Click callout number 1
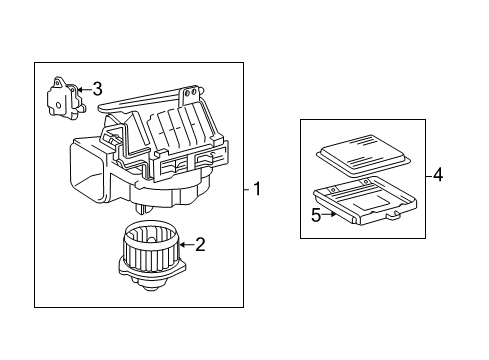pos(257,189)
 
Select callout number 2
pos(200,245)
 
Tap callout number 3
pos(97,89)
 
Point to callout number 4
pos(438,175)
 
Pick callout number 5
pos(316,215)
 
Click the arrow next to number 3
pos(85,89)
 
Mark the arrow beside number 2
pos(187,245)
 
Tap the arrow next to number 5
pos(329,214)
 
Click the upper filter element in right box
pos(363,156)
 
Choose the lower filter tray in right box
pos(365,201)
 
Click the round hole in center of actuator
pos(58,105)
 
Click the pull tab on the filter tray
pos(393,216)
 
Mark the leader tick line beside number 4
pos(428,175)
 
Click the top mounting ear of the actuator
pos(58,81)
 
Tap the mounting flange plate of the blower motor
pos(152,270)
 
